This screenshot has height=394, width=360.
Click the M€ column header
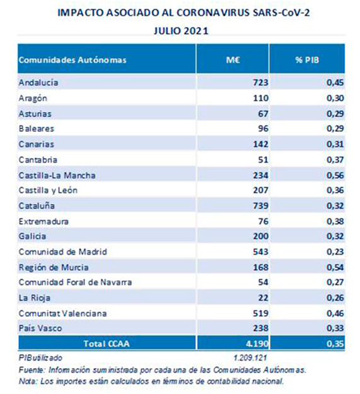point(233,60)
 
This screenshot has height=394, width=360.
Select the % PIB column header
point(307,60)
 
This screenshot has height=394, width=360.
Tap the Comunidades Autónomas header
point(73,60)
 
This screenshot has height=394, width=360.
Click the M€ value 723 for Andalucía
point(260,83)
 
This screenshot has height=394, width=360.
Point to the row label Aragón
point(33,98)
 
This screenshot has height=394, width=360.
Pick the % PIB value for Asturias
point(335,113)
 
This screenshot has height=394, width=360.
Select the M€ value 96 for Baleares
point(263,129)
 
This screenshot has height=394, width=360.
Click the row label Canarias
point(36,144)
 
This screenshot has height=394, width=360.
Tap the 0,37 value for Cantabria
point(335,160)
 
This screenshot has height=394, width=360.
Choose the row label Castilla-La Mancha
point(57,175)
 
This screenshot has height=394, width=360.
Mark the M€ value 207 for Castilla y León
point(260,190)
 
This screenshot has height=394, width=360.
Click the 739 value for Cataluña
point(260,206)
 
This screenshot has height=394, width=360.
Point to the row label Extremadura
point(44,221)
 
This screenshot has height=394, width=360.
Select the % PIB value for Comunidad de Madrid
point(335,252)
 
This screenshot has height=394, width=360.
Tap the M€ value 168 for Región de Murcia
point(260,267)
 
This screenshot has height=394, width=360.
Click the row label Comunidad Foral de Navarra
point(75,282)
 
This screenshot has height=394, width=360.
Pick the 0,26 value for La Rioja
point(335,298)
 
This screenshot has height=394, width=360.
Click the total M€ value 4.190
point(257,344)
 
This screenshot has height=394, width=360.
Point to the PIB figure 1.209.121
point(250,357)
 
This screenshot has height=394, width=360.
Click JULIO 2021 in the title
point(181,31)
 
